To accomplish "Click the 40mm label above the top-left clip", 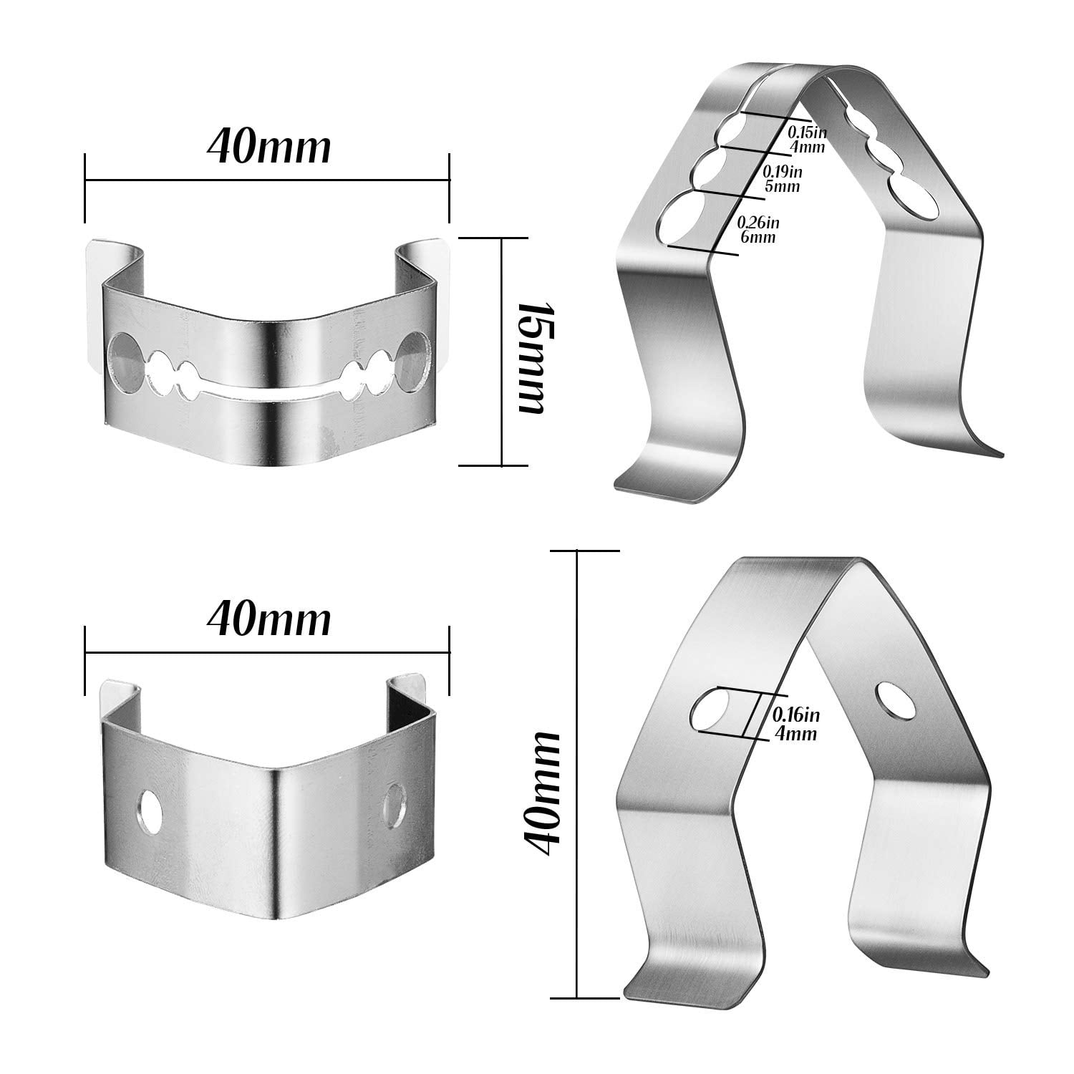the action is coord(269,148).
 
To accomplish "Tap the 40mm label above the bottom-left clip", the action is coord(269,621).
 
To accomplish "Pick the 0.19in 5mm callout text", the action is coord(782,178).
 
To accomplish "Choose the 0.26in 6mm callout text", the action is coord(758,229).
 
